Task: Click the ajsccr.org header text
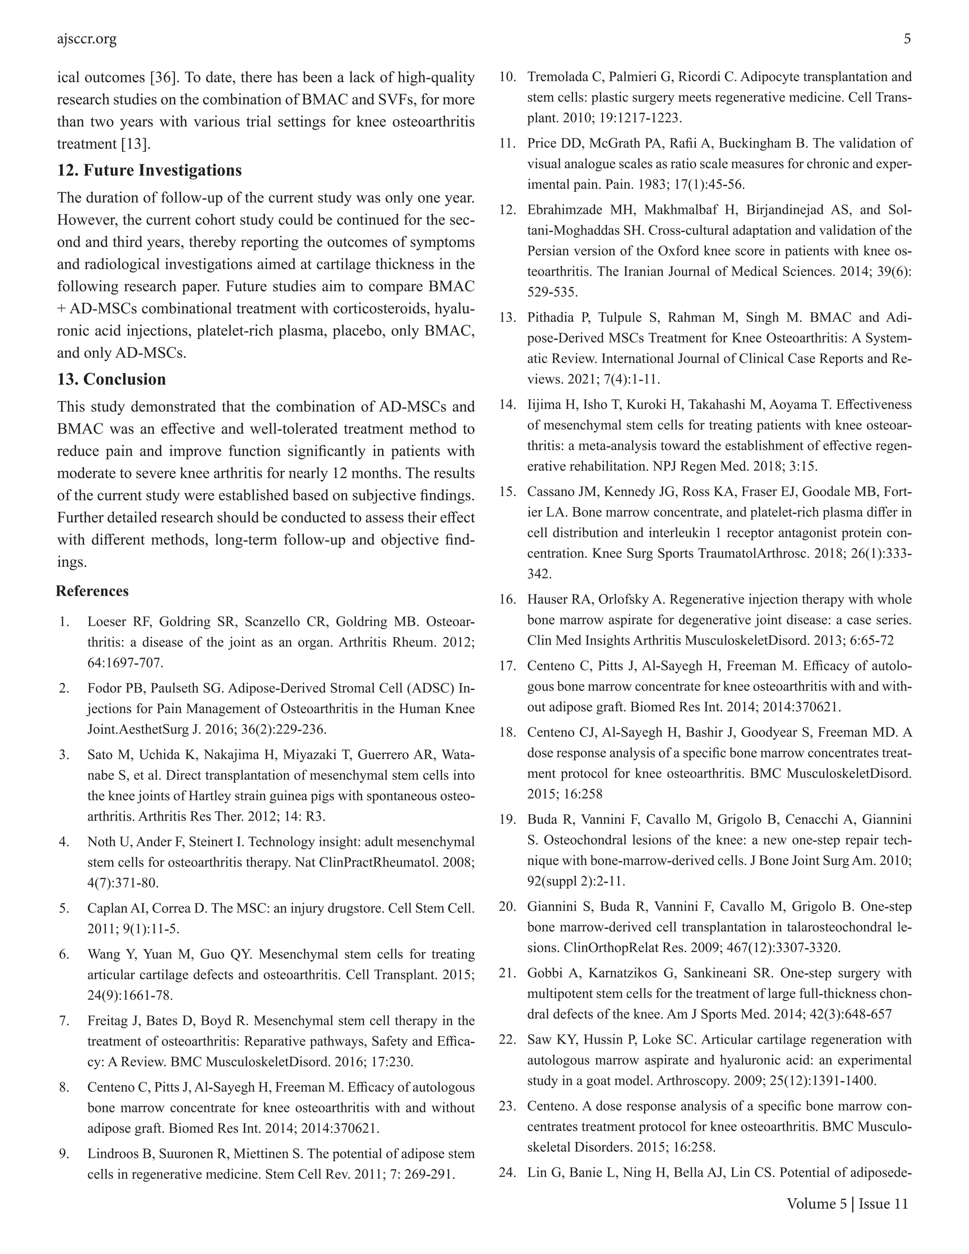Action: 87,39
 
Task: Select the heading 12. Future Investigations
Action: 149,170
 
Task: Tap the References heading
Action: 92,591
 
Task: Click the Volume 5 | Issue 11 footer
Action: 847,1203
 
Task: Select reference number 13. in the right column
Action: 508,318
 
